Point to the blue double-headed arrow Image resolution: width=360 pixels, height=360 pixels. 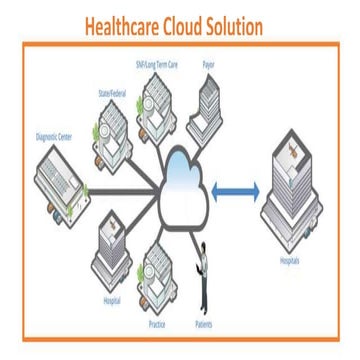click(x=236, y=189)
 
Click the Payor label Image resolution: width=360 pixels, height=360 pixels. click(x=208, y=65)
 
